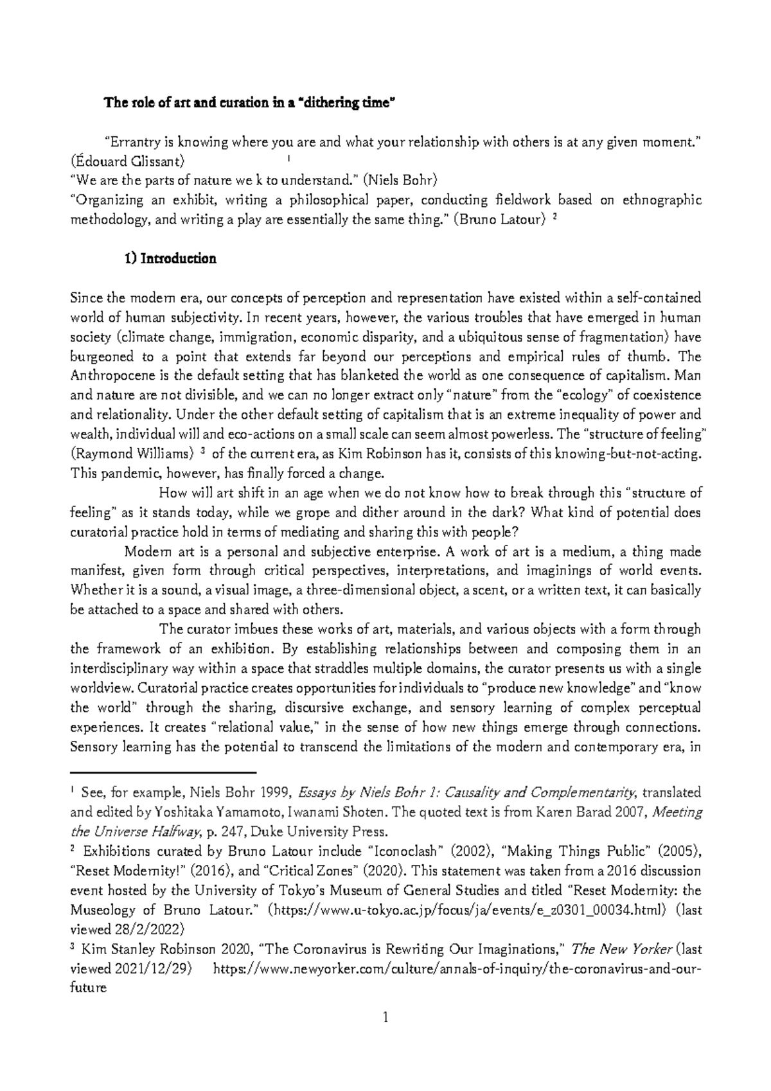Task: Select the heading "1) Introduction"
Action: [170, 259]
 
